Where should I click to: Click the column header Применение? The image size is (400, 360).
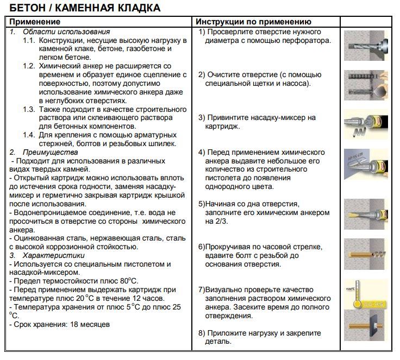34,22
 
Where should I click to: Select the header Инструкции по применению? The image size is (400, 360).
253,22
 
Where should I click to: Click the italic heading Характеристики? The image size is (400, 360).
53,255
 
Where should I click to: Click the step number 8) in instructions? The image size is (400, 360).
202,333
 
